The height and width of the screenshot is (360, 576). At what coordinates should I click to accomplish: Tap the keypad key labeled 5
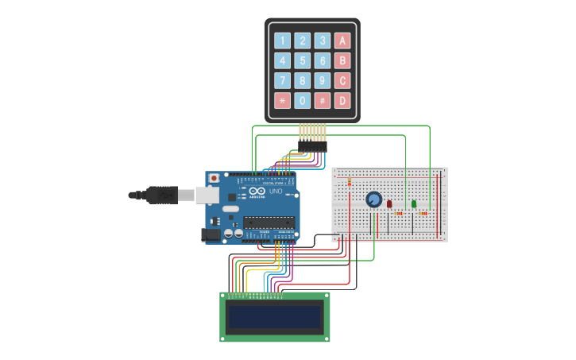[302, 60]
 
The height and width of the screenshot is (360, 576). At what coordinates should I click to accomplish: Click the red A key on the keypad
[342, 41]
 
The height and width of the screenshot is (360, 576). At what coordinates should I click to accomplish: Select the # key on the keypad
[322, 101]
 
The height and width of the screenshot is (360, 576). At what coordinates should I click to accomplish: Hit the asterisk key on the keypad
[282, 101]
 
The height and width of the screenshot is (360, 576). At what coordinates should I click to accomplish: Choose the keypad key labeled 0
[302, 101]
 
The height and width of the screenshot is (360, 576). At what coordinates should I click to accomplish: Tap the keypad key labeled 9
[322, 80]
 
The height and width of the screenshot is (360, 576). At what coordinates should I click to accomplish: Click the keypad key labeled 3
[322, 41]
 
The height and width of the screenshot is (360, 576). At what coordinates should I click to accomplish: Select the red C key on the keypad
[342, 80]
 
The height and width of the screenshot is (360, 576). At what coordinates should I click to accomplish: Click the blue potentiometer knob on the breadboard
[373, 199]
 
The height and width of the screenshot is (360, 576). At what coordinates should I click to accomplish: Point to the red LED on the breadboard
[389, 204]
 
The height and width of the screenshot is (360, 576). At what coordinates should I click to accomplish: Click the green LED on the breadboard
[414, 204]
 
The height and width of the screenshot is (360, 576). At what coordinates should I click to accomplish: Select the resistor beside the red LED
[399, 213]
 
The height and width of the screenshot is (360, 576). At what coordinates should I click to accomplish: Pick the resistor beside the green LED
[423, 213]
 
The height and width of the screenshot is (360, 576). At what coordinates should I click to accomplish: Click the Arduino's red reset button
[213, 178]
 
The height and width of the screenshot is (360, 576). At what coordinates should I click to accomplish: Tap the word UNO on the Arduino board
[276, 192]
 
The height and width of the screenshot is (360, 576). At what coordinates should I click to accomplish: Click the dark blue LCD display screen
[274, 318]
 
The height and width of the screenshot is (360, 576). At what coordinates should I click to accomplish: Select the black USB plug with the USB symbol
[162, 194]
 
